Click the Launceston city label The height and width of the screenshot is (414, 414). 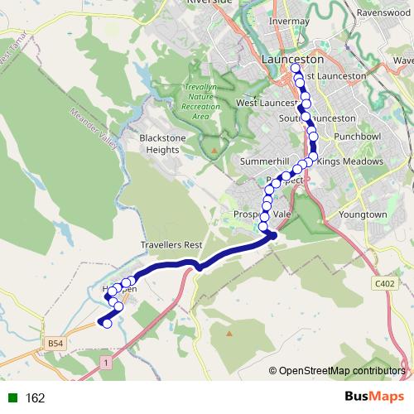coord(291,60)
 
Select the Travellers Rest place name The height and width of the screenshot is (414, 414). coord(171,246)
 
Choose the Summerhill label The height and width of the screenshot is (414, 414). coord(262,161)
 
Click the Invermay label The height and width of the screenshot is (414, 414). coord(290,21)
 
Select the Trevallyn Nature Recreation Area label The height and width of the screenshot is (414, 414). coord(200,101)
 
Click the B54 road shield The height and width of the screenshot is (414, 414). coord(55,343)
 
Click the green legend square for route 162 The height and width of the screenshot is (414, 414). coord(11,397)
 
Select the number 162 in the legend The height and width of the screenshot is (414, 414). coord(35,397)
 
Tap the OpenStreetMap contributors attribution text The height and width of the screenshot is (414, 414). coord(341,372)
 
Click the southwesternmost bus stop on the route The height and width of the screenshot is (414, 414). coord(107,324)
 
